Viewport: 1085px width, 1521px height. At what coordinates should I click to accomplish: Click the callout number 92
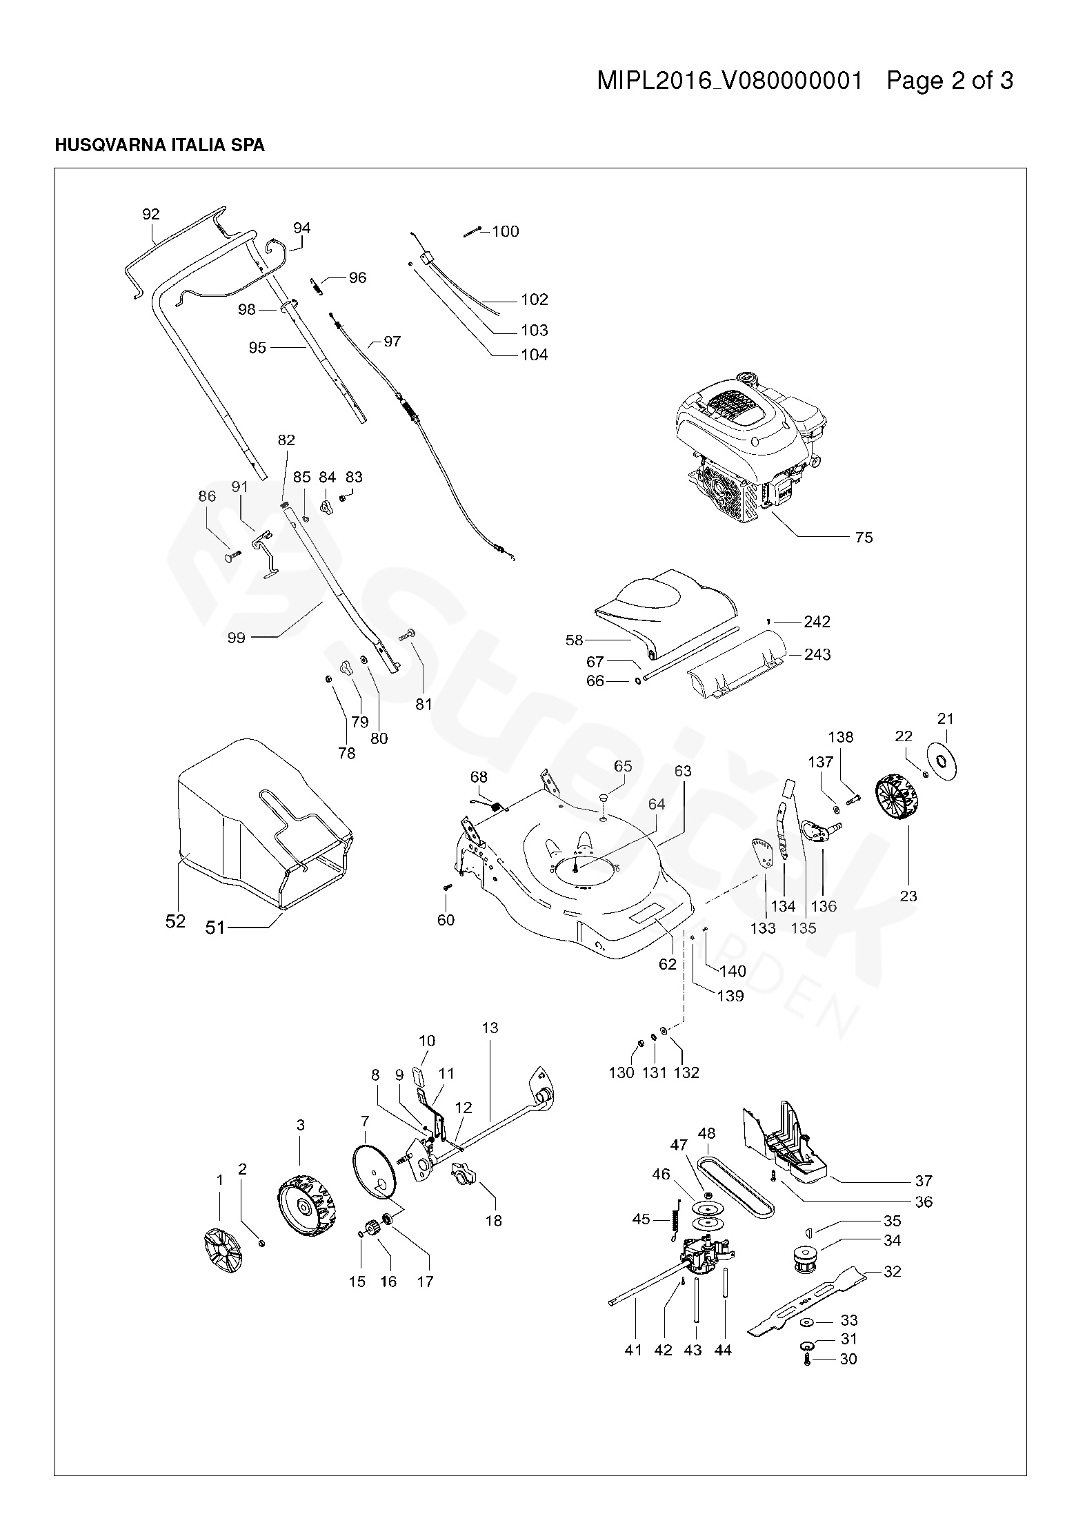150,214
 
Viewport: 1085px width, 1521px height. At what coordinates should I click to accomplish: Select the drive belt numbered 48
737,1184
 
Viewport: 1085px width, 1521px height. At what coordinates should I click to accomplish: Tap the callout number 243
817,654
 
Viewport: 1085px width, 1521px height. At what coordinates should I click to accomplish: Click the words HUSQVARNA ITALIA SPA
159,146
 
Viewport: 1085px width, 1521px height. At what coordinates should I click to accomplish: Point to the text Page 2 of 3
950,81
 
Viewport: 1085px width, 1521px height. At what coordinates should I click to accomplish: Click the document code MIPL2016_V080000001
730,81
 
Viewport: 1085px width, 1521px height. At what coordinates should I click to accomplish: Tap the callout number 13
490,1047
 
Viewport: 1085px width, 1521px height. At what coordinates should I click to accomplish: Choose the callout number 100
506,231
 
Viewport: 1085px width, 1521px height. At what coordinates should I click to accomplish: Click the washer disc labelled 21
943,759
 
